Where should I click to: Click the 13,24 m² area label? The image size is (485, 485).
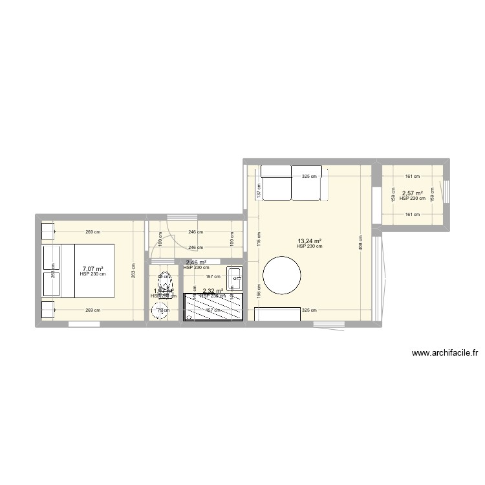309,241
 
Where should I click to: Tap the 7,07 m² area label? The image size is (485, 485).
92,269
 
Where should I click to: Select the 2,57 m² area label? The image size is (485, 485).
413,193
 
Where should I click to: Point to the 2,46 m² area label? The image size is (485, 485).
196,263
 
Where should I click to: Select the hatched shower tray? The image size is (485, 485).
215,307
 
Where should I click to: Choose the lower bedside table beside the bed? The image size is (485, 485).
48,310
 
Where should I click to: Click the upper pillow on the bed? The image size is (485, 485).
51,257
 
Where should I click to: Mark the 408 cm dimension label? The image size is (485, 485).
360,242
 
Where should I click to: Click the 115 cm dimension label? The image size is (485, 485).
258,239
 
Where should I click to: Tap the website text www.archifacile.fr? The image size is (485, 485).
445,353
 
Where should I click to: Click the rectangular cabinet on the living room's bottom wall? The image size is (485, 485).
277,314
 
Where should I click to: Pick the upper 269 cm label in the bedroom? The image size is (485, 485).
93,231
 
